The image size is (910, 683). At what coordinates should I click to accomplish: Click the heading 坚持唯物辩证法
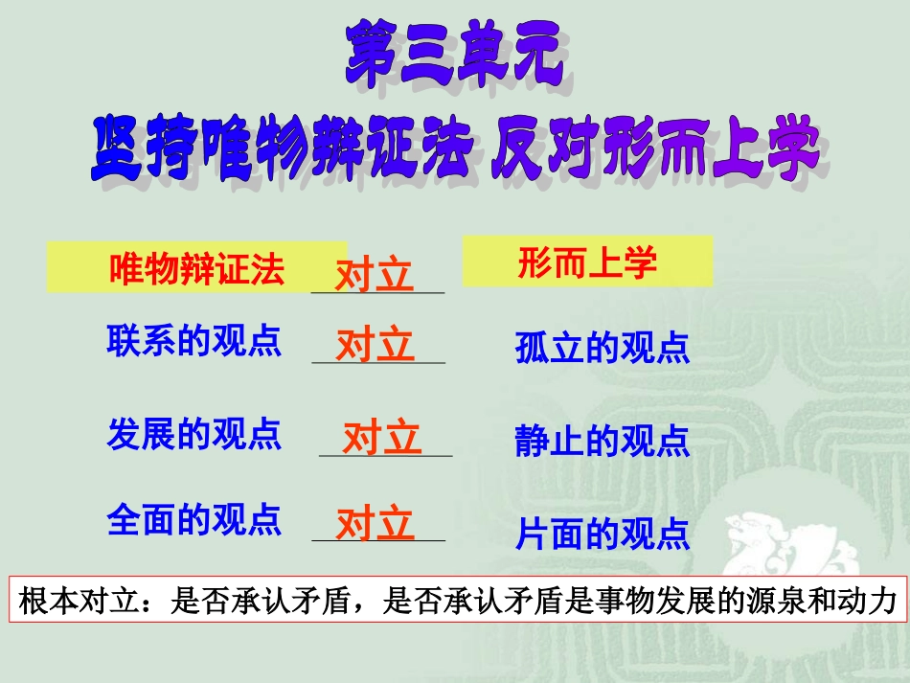(x=284, y=151)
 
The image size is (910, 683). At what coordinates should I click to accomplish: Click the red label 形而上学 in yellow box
(x=587, y=263)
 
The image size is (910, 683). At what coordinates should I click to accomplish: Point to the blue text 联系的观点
(x=193, y=341)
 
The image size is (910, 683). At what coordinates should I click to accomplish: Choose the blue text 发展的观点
(x=193, y=434)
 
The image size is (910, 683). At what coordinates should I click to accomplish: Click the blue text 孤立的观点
(x=603, y=349)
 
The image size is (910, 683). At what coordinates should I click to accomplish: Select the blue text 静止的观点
(x=603, y=442)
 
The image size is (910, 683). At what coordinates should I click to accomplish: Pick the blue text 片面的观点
(x=603, y=534)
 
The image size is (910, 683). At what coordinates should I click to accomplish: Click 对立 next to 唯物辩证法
(x=375, y=276)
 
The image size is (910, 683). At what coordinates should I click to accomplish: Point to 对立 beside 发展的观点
(x=382, y=438)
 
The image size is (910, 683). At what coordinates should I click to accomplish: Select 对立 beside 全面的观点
(x=375, y=524)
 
